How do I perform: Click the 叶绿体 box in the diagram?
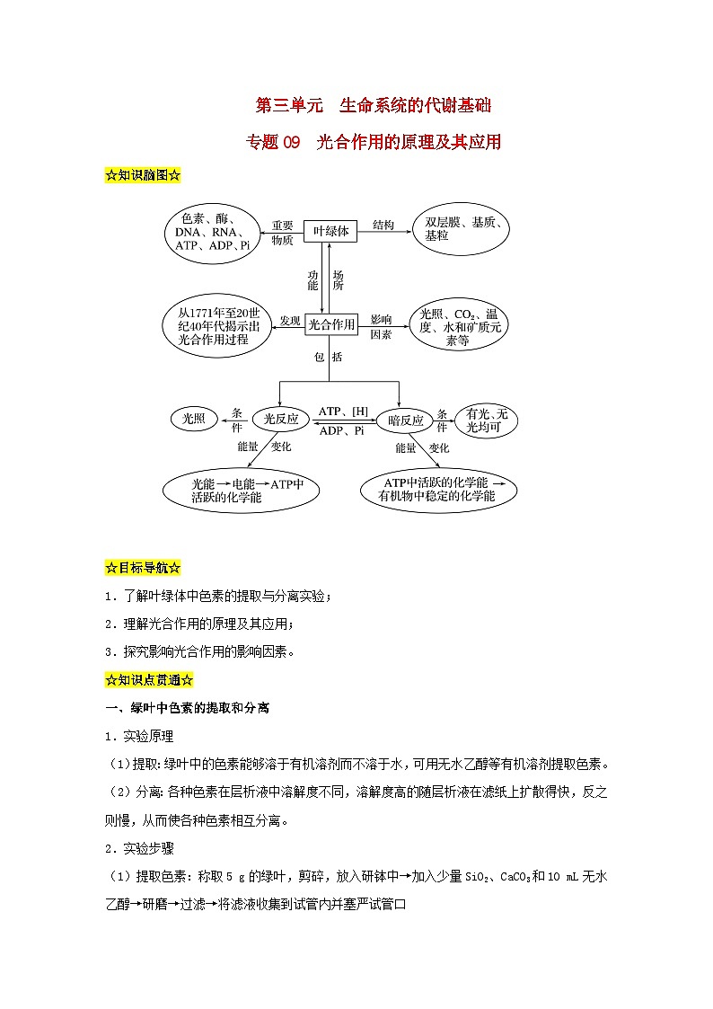point(330,231)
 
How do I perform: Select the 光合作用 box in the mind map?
point(330,324)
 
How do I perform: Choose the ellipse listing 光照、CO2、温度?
point(460,327)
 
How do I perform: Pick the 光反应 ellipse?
point(281,419)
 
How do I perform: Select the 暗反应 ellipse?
point(405,420)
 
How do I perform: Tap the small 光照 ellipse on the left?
point(194,418)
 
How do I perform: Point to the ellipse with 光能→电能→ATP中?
point(242,491)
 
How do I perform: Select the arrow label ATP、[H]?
point(344,411)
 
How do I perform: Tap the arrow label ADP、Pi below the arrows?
point(342,431)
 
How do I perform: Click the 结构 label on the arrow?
point(383,225)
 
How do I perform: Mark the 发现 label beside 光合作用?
point(289,320)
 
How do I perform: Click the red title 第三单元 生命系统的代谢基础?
point(374,106)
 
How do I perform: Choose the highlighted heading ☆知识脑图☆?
point(144,175)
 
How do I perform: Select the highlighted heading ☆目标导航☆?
point(144,568)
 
